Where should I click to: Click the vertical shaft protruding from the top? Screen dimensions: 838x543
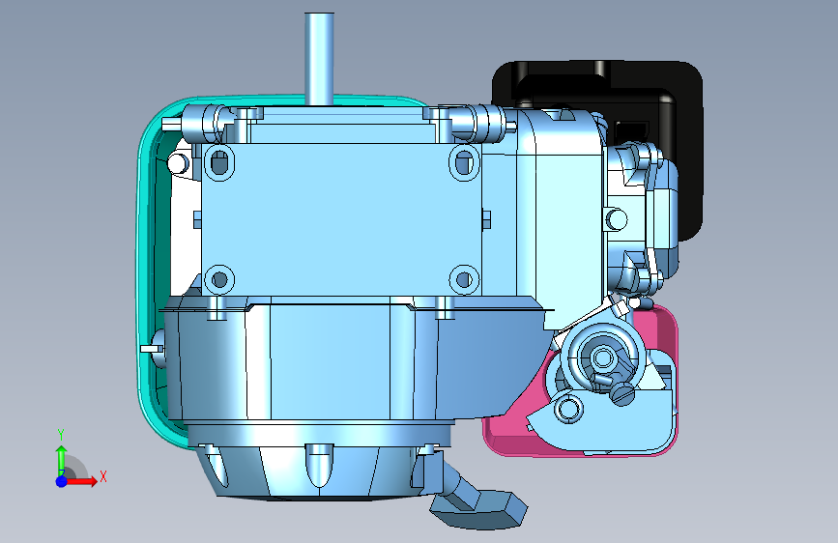[x=319, y=59]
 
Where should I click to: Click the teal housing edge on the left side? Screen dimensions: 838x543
[x=145, y=268]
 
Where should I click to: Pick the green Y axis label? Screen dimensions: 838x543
[x=61, y=435]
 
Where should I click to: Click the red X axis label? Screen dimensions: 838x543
[x=103, y=476]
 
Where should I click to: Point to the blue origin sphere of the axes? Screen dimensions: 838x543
[x=62, y=481]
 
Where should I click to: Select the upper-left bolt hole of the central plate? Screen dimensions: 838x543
[x=219, y=162]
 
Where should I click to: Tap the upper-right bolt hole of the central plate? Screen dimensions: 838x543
[x=464, y=162]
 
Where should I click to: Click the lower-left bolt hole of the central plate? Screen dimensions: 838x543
[x=219, y=279]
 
